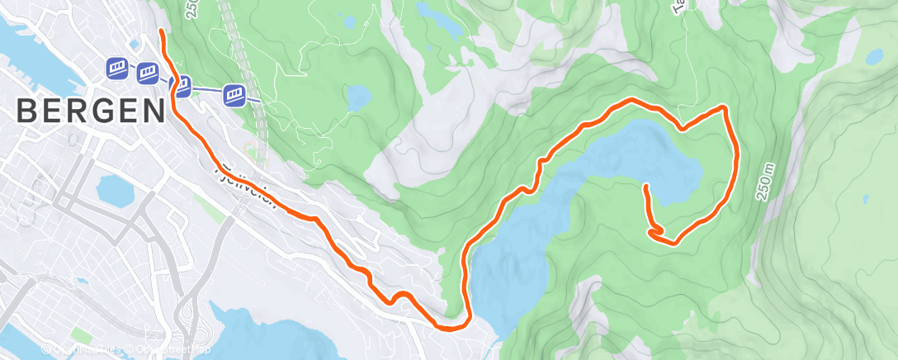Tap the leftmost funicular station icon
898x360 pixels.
click(x=116, y=68)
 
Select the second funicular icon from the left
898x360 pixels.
click(x=148, y=73)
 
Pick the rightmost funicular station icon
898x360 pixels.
click(x=235, y=94)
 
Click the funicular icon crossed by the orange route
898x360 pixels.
click(x=182, y=85)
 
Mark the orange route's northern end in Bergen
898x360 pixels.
click(x=160, y=32)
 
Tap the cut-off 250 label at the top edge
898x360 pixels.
click(x=192, y=8)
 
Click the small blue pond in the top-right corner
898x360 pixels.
click(x=873, y=57)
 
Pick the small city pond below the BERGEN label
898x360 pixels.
click(x=115, y=191)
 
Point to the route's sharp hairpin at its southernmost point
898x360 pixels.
click(x=451, y=328)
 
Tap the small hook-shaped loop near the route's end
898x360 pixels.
click(x=657, y=232)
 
